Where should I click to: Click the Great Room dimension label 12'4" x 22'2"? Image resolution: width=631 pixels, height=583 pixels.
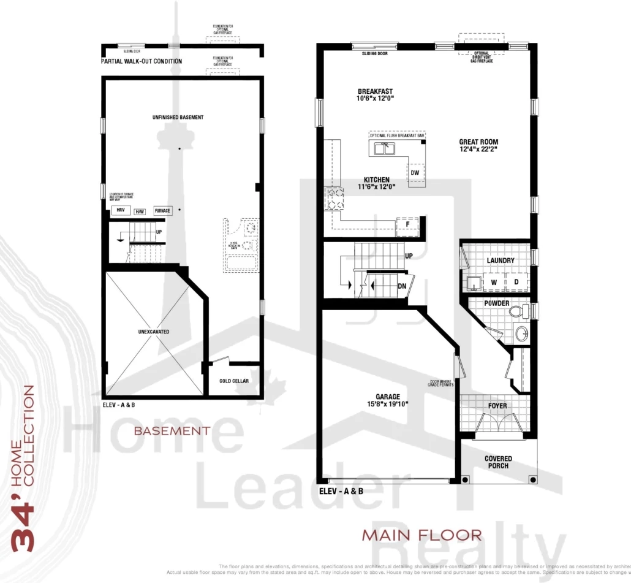click(x=478, y=149)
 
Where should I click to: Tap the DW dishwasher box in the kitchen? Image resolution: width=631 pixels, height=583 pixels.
click(x=415, y=173)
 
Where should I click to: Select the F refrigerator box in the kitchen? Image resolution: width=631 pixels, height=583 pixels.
click(x=407, y=225)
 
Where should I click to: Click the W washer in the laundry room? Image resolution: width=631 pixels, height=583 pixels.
click(x=493, y=283)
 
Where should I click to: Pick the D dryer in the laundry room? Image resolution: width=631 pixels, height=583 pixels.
click(x=516, y=283)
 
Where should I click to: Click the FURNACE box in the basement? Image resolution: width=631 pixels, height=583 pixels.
click(x=162, y=211)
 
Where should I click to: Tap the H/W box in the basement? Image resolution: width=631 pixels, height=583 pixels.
click(x=140, y=211)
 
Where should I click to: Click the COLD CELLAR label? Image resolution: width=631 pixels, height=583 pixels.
click(x=234, y=381)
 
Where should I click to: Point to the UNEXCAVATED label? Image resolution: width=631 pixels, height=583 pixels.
click(x=154, y=332)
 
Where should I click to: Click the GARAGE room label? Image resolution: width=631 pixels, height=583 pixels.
click(x=388, y=397)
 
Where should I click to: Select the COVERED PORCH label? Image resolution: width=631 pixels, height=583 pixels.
click(x=498, y=462)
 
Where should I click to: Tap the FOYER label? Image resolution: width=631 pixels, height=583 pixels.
click(x=497, y=406)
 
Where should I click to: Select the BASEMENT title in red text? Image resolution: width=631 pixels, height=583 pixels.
click(x=172, y=431)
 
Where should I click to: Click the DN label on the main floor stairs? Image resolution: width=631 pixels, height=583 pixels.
click(x=402, y=286)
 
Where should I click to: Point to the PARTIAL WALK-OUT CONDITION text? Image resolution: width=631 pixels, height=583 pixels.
click(x=142, y=61)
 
